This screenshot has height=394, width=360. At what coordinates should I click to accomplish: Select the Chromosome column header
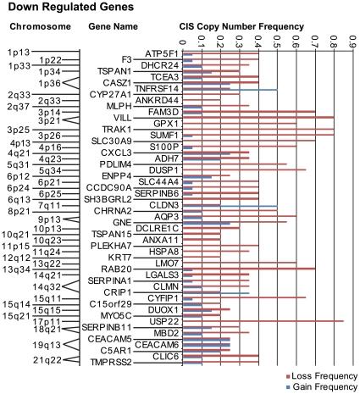tap(33, 27)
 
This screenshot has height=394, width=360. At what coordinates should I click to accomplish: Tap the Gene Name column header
tap(113, 27)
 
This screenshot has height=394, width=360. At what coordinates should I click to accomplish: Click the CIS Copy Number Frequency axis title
tap(241, 27)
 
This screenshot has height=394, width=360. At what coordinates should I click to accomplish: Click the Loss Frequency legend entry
tap(325, 375)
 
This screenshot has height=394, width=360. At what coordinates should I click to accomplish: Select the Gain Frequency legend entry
tap(325, 386)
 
